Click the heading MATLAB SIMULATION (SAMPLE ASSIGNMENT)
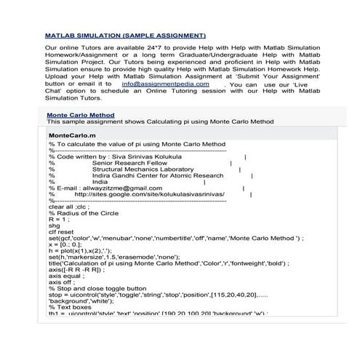125,35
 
